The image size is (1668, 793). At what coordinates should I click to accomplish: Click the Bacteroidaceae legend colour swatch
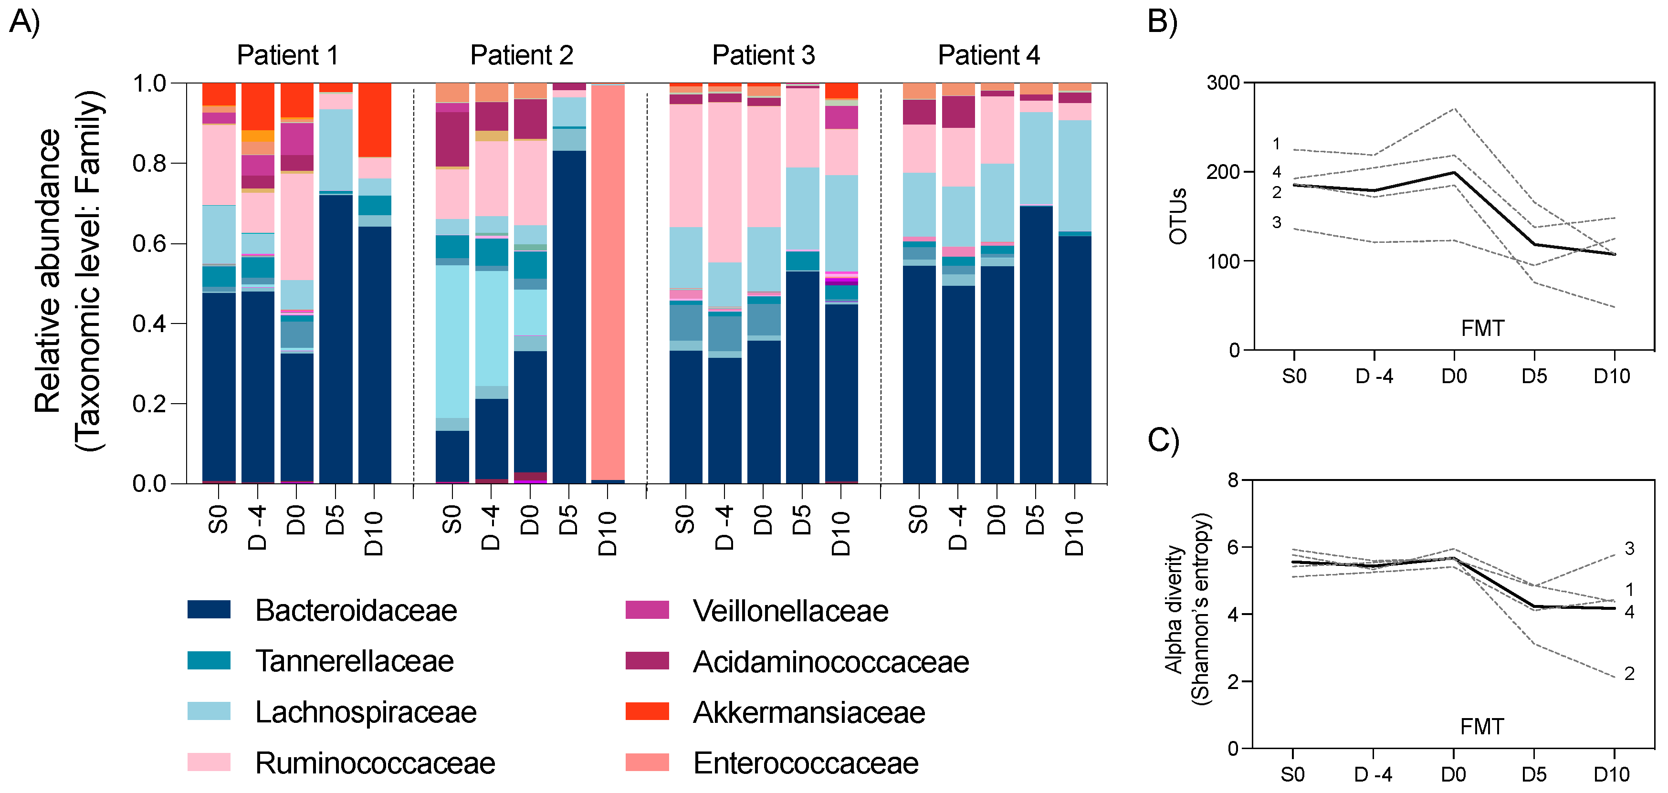pos(209,609)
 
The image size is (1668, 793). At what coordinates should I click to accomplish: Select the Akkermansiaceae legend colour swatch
pos(646,711)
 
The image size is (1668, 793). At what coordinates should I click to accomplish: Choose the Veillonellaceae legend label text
pos(790,610)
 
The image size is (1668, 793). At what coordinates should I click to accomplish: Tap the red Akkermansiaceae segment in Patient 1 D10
pos(374,120)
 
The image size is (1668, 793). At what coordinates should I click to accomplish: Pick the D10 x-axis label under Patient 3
pos(840,533)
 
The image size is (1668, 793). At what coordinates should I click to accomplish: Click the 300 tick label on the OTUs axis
pos(1223,83)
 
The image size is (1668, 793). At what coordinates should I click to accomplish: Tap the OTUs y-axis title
pos(1178,216)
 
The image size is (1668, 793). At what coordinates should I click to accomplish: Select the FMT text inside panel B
pos(1482,328)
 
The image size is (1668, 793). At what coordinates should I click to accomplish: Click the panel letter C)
pos(1163,440)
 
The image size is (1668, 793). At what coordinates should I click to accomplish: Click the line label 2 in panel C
pos(1629,673)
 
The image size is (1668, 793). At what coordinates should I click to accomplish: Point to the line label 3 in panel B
pos(1276,222)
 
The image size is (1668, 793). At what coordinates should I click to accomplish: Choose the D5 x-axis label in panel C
pos(1533,774)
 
